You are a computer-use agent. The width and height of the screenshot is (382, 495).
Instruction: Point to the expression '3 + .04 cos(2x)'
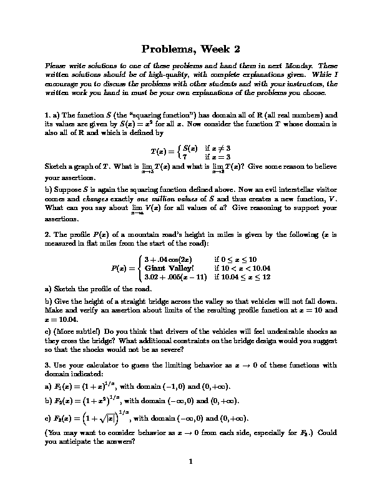[169, 259]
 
